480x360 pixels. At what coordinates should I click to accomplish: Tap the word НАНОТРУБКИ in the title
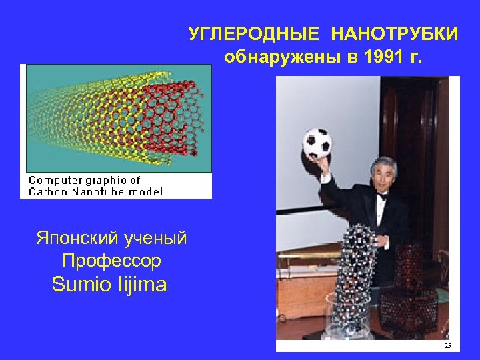pos(395,34)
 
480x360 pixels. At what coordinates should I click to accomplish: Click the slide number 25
pos(447,345)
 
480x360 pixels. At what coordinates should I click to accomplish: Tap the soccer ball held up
pos(317,143)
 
